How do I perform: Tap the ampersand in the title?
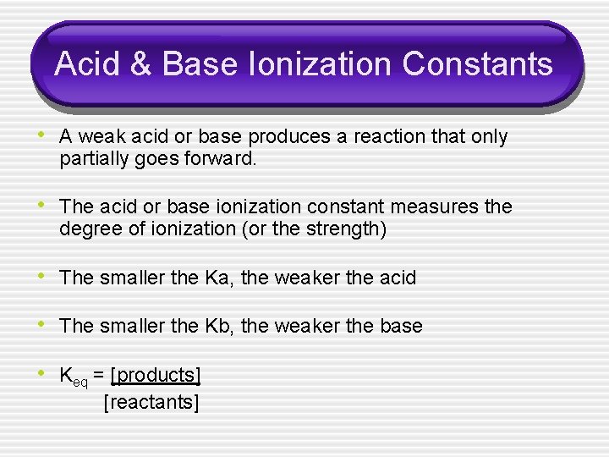click(143, 64)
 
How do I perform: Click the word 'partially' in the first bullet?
click(95, 159)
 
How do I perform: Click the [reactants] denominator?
click(151, 402)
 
